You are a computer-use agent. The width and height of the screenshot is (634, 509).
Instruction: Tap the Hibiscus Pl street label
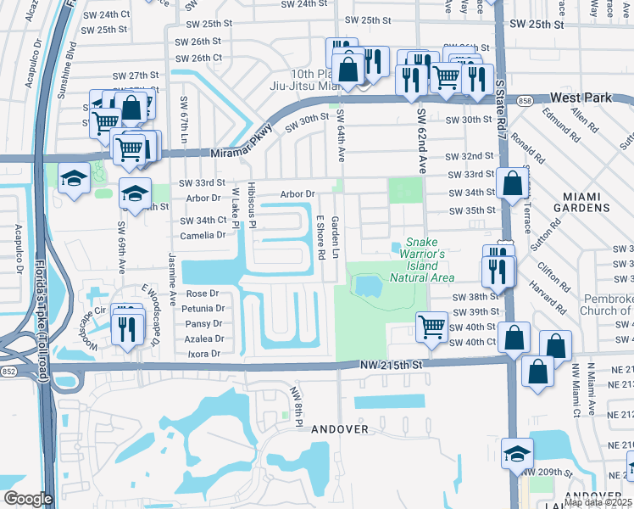[252, 204]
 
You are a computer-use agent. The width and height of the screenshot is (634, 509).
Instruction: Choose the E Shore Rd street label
[320, 237]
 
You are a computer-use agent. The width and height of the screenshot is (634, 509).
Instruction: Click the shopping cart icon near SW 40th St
[432, 327]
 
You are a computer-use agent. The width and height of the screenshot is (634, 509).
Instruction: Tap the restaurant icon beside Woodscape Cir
[127, 327]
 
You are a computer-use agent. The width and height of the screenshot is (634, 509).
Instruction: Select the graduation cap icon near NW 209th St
[517, 452]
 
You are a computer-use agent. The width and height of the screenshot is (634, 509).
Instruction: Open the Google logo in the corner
[28, 499]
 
